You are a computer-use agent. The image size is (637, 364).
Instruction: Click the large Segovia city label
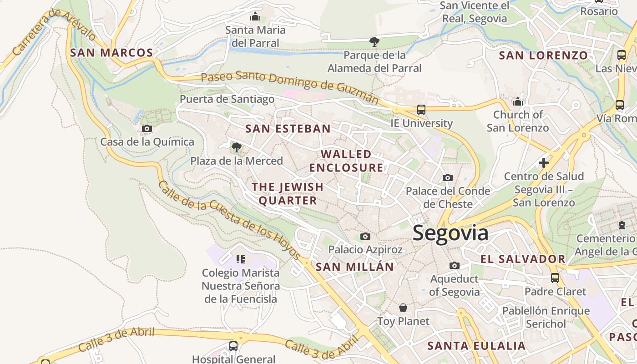click(450, 233)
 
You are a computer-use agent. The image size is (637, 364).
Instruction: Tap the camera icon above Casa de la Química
click(147, 129)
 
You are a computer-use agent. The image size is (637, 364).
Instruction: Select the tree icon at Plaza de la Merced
click(236, 147)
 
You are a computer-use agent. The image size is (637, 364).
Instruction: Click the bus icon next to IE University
click(421, 110)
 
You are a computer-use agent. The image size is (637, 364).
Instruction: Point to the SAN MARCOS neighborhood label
click(111, 53)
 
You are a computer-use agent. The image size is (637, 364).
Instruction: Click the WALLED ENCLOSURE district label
click(346, 161)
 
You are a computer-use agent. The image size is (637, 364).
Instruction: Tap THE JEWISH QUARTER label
click(288, 193)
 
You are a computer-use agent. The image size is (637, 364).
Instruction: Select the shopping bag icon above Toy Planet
click(403, 308)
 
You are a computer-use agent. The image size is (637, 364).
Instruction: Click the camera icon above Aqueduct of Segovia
click(454, 266)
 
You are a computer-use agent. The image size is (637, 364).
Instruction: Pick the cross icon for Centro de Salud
click(543, 163)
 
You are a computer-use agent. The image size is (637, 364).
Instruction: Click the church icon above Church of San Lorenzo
click(517, 101)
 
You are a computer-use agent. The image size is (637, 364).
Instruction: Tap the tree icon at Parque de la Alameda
click(374, 42)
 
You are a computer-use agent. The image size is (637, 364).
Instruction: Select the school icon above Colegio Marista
click(241, 259)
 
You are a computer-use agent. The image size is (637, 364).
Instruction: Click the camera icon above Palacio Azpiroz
click(365, 236)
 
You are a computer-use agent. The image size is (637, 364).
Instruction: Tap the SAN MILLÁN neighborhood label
click(354, 267)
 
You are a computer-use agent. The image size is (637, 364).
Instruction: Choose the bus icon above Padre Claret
click(555, 278)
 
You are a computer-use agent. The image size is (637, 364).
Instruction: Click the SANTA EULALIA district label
click(476, 346)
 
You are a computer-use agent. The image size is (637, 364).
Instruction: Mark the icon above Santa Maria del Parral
click(255, 17)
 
